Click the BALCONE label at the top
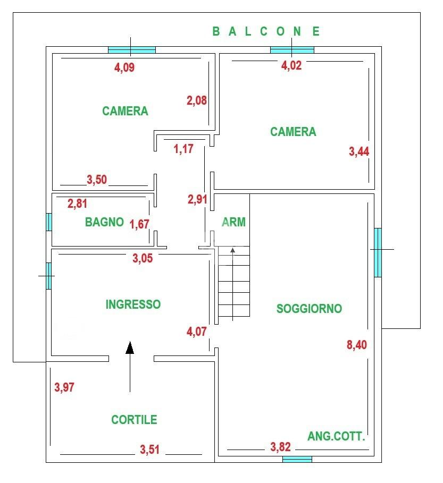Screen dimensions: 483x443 [x=266, y=31]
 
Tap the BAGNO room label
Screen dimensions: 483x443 [x=104, y=222]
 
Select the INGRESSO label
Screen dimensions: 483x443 [x=133, y=304]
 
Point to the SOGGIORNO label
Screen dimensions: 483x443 [x=309, y=309]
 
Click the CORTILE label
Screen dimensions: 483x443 [x=134, y=420]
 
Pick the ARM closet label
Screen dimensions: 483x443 [x=234, y=222]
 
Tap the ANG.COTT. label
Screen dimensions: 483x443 [x=337, y=437]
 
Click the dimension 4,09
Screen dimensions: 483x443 [x=128, y=67]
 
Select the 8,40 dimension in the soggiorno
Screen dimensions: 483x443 [x=357, y=345]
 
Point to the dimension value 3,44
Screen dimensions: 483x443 [x=359, y=151]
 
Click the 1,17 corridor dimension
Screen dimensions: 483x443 [x=183, y=149]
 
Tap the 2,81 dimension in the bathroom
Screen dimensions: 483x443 [x=77, y=203]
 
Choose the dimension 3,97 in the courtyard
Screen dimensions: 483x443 [x=64, y=387]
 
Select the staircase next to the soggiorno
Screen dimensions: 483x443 [x=233, y=284]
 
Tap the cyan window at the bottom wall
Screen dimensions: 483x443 [x=297, y=459]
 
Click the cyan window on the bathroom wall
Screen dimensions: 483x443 [x=49, y=222]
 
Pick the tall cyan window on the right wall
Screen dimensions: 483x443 [x=378, y=252]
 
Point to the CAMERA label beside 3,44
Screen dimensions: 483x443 [x=293, y=132]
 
